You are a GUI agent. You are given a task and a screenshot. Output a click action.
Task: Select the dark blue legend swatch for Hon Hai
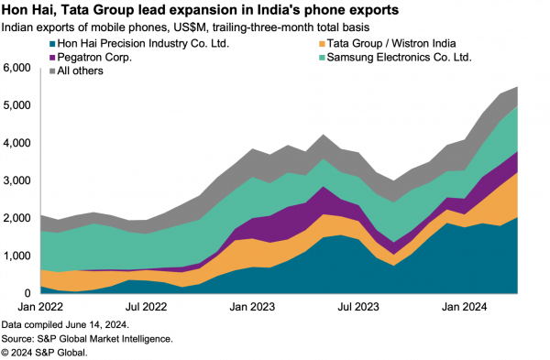pyautogui.click(x=13, y=43)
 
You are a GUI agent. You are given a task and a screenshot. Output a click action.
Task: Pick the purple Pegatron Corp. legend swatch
pyautogui.click(x=13, y=57)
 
